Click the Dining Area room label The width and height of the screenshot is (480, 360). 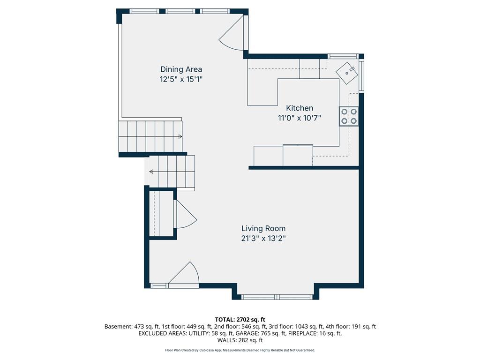[x=181, y=69]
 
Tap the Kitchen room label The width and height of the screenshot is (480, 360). [x=300, y=108]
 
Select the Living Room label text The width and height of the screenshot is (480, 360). [x=263, y=228]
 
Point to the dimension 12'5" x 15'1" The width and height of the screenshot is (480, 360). [x=181, y=79]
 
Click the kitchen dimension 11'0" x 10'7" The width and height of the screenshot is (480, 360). [x=300, y=118]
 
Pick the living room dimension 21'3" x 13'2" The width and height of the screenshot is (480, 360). [x=263, y=238]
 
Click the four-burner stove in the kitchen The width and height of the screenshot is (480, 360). [x=349, y=116]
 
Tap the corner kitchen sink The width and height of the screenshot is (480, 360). [x=347, y=73]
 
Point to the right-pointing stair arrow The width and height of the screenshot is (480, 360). [x=180, y=136]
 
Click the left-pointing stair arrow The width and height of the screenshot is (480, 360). [x=151, y=172]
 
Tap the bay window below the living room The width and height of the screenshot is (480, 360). [x=277, y=297]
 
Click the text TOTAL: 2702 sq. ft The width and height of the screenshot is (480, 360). [x=240, y=320]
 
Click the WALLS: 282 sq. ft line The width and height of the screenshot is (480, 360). [x=240, y=340]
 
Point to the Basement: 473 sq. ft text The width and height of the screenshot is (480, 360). [x=131, y=327]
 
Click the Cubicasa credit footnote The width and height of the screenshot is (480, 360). [x=240, y=350]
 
